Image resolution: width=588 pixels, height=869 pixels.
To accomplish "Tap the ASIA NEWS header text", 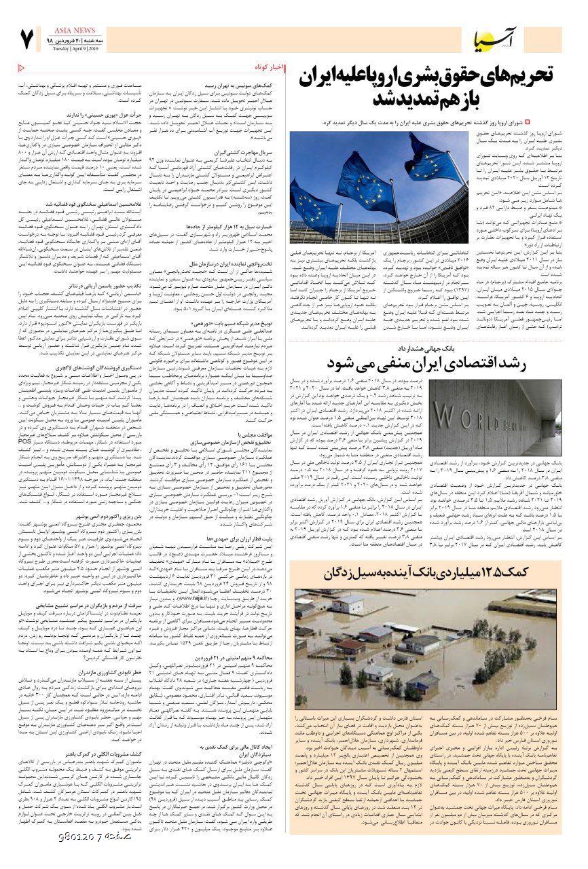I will tap(66, 30).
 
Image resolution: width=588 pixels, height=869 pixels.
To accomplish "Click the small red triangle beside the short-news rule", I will tap(20, 67).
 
